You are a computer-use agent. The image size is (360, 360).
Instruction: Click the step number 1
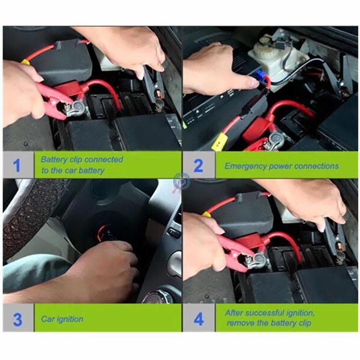point(17,165)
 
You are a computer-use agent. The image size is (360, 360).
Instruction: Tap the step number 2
point(197,166)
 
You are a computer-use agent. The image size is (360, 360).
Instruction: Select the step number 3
point(17,319)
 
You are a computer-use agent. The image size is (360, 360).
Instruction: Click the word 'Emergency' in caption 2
point(245,166)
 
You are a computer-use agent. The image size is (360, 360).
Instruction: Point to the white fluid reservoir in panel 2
point(273,54)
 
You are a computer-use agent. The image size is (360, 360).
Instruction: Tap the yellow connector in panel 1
point(25,62)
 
